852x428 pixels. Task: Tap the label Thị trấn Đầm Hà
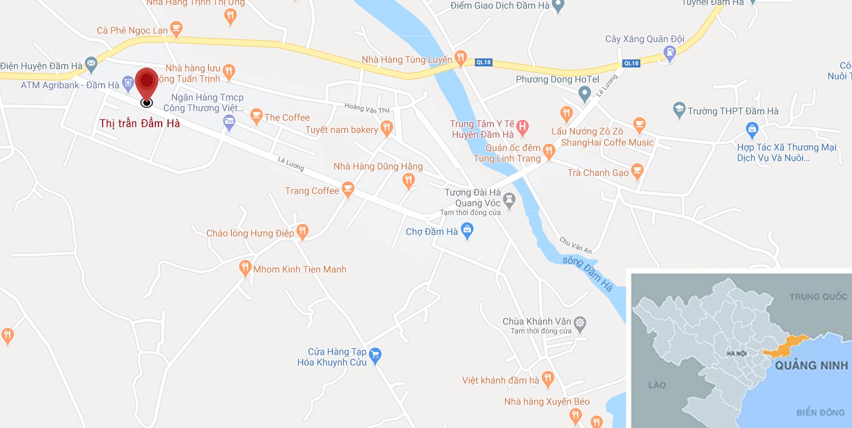140,124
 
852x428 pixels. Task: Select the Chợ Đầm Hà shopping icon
467,230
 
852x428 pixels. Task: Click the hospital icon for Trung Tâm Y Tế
523,127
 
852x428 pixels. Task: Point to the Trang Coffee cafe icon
348,189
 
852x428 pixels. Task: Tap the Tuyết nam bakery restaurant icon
387,128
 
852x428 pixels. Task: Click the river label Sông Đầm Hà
588,273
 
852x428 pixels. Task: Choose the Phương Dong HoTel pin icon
584,93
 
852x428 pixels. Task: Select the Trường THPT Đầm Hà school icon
679,110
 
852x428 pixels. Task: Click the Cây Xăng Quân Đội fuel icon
670,53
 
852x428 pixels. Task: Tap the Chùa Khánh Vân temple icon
580,323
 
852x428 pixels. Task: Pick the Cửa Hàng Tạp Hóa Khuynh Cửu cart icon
375,355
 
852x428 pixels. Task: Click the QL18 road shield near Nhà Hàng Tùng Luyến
483,62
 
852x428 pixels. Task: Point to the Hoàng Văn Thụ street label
367,108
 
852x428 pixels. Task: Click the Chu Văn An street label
575,245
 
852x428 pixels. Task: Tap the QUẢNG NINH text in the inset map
811,365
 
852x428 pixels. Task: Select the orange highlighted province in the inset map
786,346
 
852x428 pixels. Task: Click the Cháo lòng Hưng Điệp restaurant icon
303,232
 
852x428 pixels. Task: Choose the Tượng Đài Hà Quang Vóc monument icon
509,201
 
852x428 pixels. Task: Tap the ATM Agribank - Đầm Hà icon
128,83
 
